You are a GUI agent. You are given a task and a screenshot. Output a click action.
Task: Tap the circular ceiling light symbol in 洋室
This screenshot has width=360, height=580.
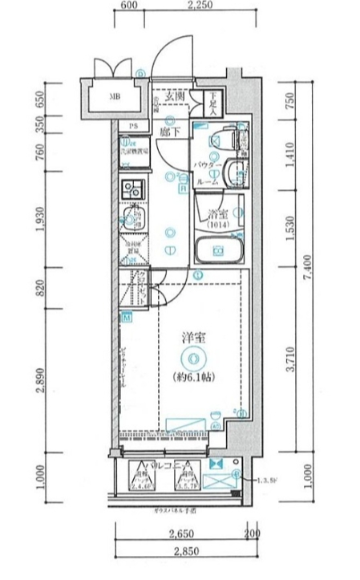coord(191,359)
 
